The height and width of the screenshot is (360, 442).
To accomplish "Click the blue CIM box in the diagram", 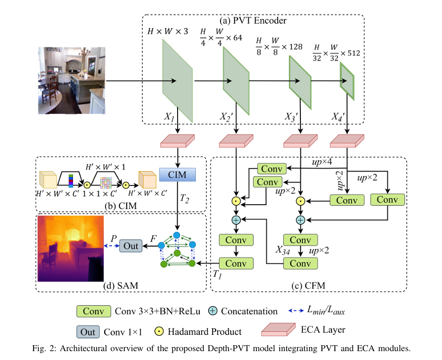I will [178, 175].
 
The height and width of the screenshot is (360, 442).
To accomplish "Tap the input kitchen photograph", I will [72, 80].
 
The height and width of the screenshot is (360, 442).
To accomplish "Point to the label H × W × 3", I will [168, 32].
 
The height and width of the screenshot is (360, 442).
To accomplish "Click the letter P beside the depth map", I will [114, 238].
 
